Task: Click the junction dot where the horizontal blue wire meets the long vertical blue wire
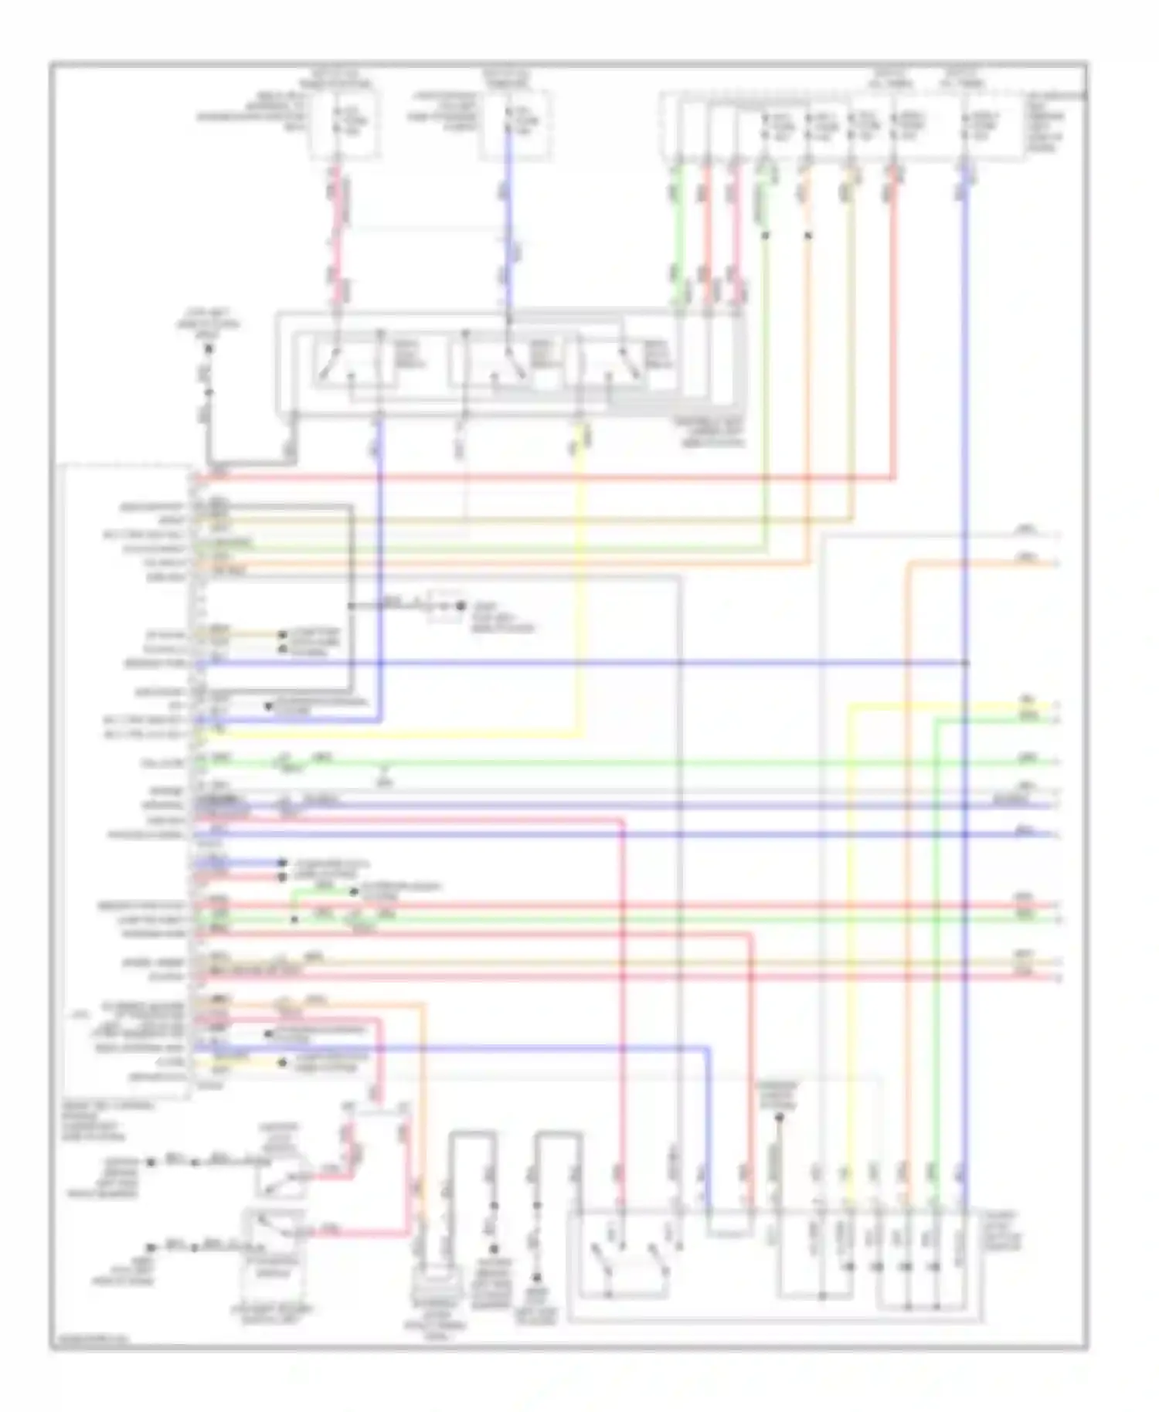(x=966, y=663)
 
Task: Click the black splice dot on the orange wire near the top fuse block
(x=807, y=235)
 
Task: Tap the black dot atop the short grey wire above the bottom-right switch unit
(x=778, y=1117)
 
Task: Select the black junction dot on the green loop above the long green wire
(x=294, y=919)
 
